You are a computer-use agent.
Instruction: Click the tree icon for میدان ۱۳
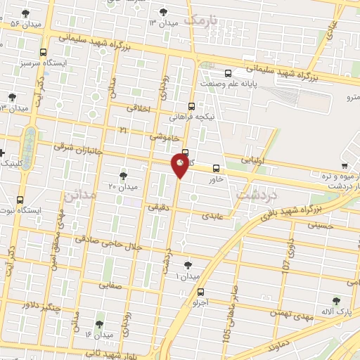pyautogui.click(x=164, y=11)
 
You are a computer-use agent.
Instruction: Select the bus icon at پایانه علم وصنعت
pyautogui.click(x=228, y=73)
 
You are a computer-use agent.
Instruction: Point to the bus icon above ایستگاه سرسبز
pyautogui.click(x=44, y=53)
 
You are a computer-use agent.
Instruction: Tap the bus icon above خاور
pyautogui.click(x=215, y=168)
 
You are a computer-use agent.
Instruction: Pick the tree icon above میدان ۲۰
pyautogui.click(x=124, y=175)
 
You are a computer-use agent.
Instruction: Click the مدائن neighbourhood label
pyautogui.click(x=79, y=195)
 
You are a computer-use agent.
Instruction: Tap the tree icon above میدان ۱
pyautogui.click(x=187, y=265)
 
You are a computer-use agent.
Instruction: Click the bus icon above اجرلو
pyautogui.click(x=201, y=292)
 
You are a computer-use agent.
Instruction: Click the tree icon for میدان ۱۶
pyautogui.click(x=98, y=324)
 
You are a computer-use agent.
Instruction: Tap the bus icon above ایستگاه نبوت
pyautogui.click(x=20, y=199)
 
